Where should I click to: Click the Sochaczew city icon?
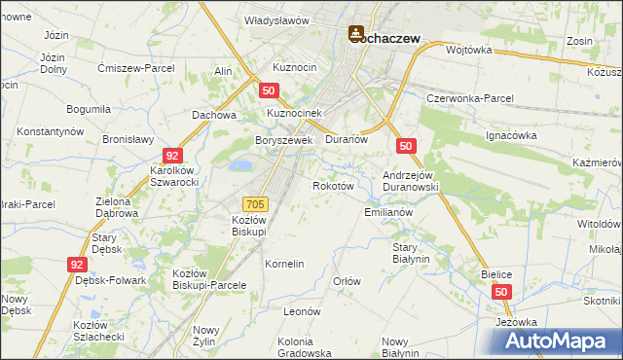[357, 34]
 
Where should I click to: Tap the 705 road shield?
[255, 203]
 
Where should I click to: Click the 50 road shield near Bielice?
[500, 292]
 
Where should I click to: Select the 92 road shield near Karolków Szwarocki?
[171, 155]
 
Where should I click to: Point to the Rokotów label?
[331, 185]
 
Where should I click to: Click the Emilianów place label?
[388, 211]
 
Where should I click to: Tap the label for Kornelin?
[285, 264]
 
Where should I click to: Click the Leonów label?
[302, 311]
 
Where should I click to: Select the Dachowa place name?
[215, 115]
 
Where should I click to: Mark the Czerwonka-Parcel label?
[470, 99]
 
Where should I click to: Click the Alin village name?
[223, 72]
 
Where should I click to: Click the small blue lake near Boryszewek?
[238, 167]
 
